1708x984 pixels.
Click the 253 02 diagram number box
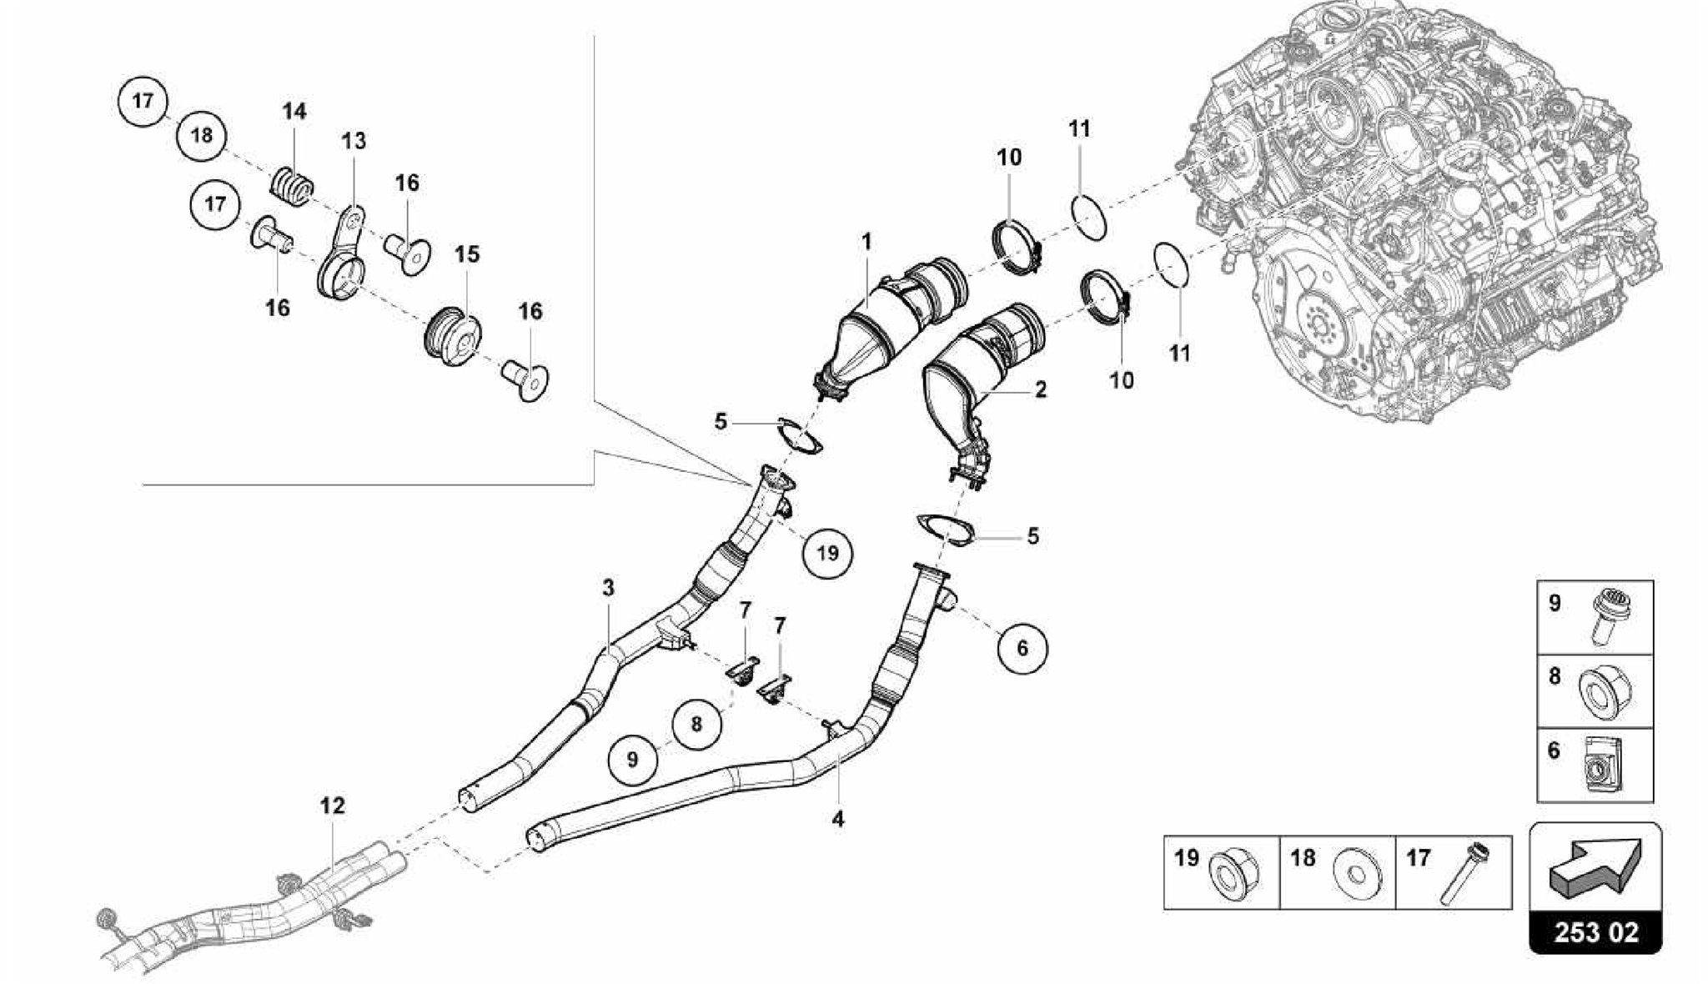(1595, 931)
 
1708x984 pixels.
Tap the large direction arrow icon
(1594, 868)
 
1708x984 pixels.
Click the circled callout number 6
(1022, 647)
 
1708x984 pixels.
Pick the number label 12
(332, 806)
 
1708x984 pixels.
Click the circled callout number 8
(696, 724)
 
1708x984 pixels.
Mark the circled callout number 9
(632, 759)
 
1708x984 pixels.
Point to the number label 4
(837, 819)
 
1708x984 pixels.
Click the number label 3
(608, 588)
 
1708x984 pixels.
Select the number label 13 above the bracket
(354, 141)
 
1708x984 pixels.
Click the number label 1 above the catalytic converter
(867, 242)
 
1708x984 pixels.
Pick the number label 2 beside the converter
(1040, 389)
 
